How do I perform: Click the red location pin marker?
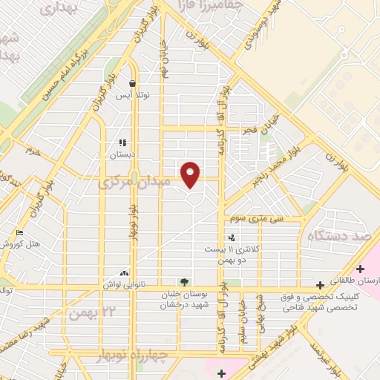point(191,174)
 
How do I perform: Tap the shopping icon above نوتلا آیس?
point(131,84)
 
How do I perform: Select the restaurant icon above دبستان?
point(122,142)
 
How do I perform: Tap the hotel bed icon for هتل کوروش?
point(19,234)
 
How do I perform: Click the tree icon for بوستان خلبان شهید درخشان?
point(183,281)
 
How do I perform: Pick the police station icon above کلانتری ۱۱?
point(232,238)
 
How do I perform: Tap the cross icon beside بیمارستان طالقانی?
point(360,269)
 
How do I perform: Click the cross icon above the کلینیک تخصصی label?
point(319,284)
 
